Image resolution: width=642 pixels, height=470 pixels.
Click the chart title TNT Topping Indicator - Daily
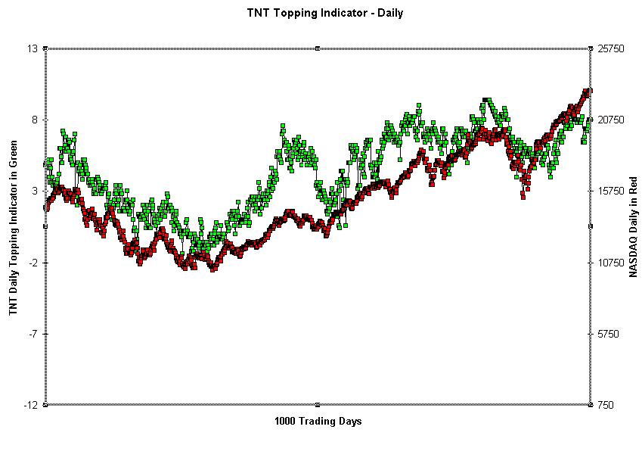324,12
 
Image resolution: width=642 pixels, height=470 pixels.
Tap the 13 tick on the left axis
33,48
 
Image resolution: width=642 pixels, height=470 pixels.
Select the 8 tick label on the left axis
36,120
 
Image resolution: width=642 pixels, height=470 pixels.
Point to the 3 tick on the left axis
36,191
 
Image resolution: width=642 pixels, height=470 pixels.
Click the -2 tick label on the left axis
33,263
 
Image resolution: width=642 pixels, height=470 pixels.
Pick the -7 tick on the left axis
33,334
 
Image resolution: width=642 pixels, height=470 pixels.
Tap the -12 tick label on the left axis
32,405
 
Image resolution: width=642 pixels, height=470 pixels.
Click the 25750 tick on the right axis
611,48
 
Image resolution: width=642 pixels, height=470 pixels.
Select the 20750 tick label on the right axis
611,120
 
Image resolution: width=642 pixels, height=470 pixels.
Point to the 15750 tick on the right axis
611,191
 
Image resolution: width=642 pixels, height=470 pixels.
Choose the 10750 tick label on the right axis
611,263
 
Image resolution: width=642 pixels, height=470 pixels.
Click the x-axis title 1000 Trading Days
318,421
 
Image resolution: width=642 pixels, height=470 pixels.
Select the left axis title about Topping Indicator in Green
13,228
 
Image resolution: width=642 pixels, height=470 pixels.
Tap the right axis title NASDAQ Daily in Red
633,227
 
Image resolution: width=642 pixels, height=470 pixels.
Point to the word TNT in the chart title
257,12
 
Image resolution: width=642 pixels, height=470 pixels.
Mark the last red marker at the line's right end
588,91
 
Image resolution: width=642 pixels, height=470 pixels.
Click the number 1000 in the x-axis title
285,421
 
